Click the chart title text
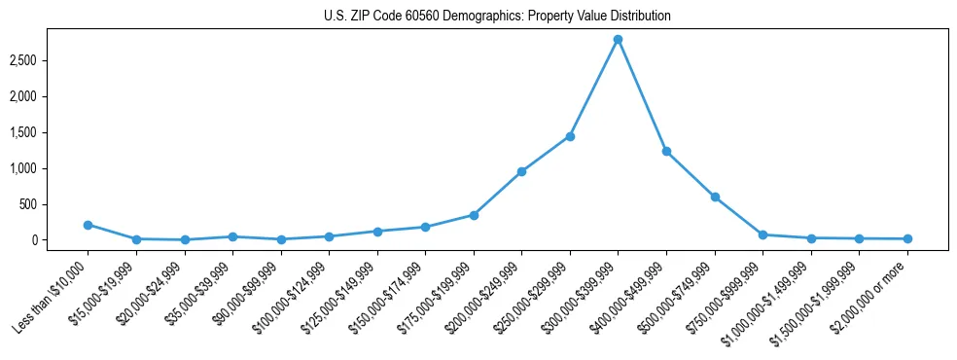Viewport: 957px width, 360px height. (x=497, y=17)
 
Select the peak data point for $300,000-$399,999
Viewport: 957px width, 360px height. (x=618, y=39)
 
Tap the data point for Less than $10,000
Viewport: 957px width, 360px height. (x=88, y=225)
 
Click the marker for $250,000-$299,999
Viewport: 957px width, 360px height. (x=570, y=136)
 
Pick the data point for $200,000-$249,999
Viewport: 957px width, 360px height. (x=521, y=171)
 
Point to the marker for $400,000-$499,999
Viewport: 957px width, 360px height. (x=666, y=151)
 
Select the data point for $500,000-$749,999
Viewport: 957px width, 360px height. (x=715, y=197)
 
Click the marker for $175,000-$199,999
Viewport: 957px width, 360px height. (x=474, y=215)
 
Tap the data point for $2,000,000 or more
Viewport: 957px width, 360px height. (x=907, y=238)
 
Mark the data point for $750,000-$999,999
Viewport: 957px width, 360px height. (x=762, y=234)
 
